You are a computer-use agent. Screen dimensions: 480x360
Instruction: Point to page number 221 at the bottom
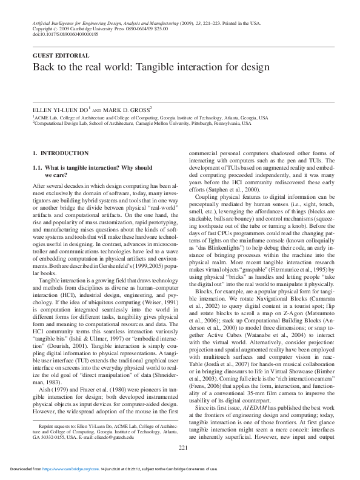point(180,447)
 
